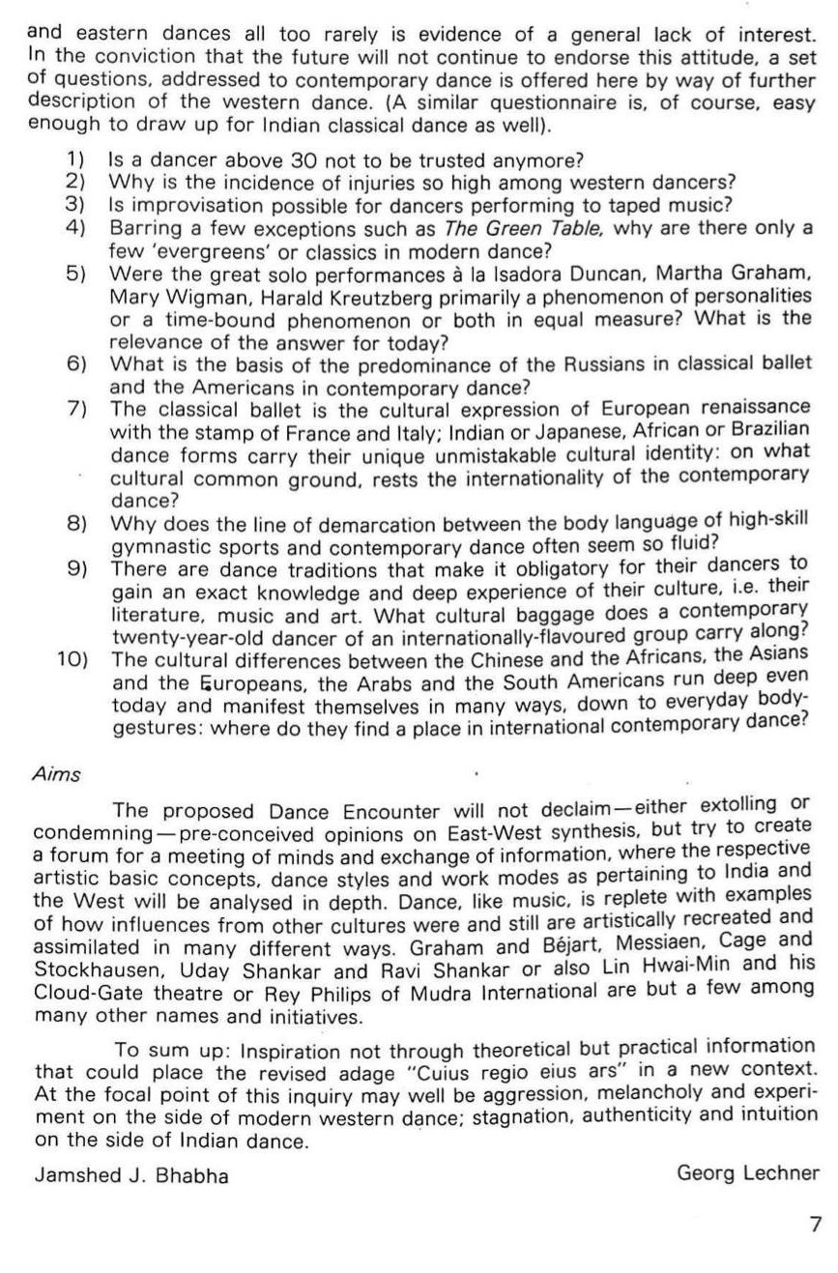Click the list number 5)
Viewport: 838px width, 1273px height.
pyautogui.click(x=77, y=273)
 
